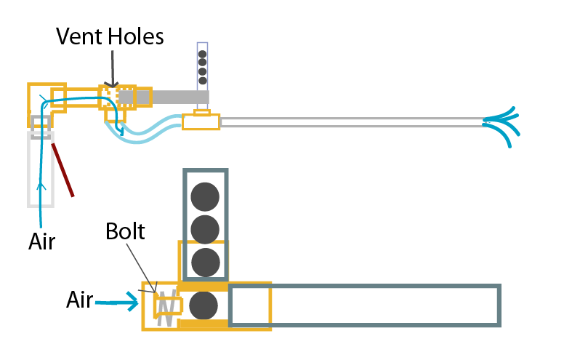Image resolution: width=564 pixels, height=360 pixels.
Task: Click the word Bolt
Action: [x=125, y=233]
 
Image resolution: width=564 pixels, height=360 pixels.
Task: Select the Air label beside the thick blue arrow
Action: [x=80, y=299]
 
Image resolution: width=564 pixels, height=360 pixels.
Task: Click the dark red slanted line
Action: [x=63, y=169]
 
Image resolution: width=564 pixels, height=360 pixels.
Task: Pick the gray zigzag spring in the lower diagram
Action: [x=166, y=308]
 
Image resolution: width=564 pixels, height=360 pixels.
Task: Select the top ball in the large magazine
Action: [x=205, y=196]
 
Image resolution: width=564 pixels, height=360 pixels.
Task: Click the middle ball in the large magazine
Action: [x=205, y=228]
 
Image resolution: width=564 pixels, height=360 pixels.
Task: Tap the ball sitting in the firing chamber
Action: [x=204, y=305]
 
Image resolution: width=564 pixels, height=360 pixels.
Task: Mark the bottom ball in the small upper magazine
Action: [x=203, y=81]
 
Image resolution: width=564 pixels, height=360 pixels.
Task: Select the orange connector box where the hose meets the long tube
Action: [x=201, y=121]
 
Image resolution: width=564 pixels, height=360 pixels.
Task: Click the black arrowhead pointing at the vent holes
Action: [x=111, y=85]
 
